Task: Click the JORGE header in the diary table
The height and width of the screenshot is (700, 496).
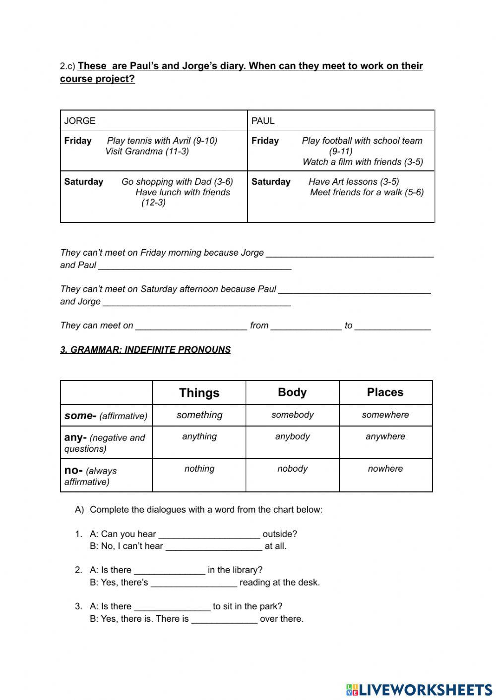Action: click(80, 121)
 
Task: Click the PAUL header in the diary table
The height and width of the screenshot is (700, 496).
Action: click(263, 121)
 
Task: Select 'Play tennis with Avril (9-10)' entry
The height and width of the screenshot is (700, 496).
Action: click(162, 141)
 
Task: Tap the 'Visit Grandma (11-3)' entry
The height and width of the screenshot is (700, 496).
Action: click(147, 152)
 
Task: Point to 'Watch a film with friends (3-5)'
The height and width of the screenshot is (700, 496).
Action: click(363, 162)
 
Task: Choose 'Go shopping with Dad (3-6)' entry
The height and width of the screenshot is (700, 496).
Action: click(177, 182)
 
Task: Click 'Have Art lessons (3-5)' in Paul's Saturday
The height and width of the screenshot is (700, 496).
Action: click(354, 182)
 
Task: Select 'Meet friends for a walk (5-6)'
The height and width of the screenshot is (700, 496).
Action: click(367, 192)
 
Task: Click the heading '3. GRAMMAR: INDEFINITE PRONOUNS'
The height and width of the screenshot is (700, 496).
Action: click(145, 350)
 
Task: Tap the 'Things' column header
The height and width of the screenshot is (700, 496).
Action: click(199, 393)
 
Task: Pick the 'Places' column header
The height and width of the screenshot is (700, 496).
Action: click(385, 392)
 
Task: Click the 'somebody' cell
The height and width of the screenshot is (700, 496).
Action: click(292, 415)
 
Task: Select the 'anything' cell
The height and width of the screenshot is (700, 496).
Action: click(199, 436)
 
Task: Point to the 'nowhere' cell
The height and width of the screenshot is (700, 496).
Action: click(385, 469)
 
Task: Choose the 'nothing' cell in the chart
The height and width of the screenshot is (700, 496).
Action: click(199, 469)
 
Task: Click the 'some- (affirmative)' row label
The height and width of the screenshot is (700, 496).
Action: click(106, 416)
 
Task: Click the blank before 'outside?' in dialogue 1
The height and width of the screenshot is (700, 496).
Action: click(209, 534)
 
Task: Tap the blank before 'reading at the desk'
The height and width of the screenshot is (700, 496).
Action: click(193, 583)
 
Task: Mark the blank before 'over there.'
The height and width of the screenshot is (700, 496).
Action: click(224, 619)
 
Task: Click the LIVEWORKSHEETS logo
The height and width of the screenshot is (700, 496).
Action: click(419, 690)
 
